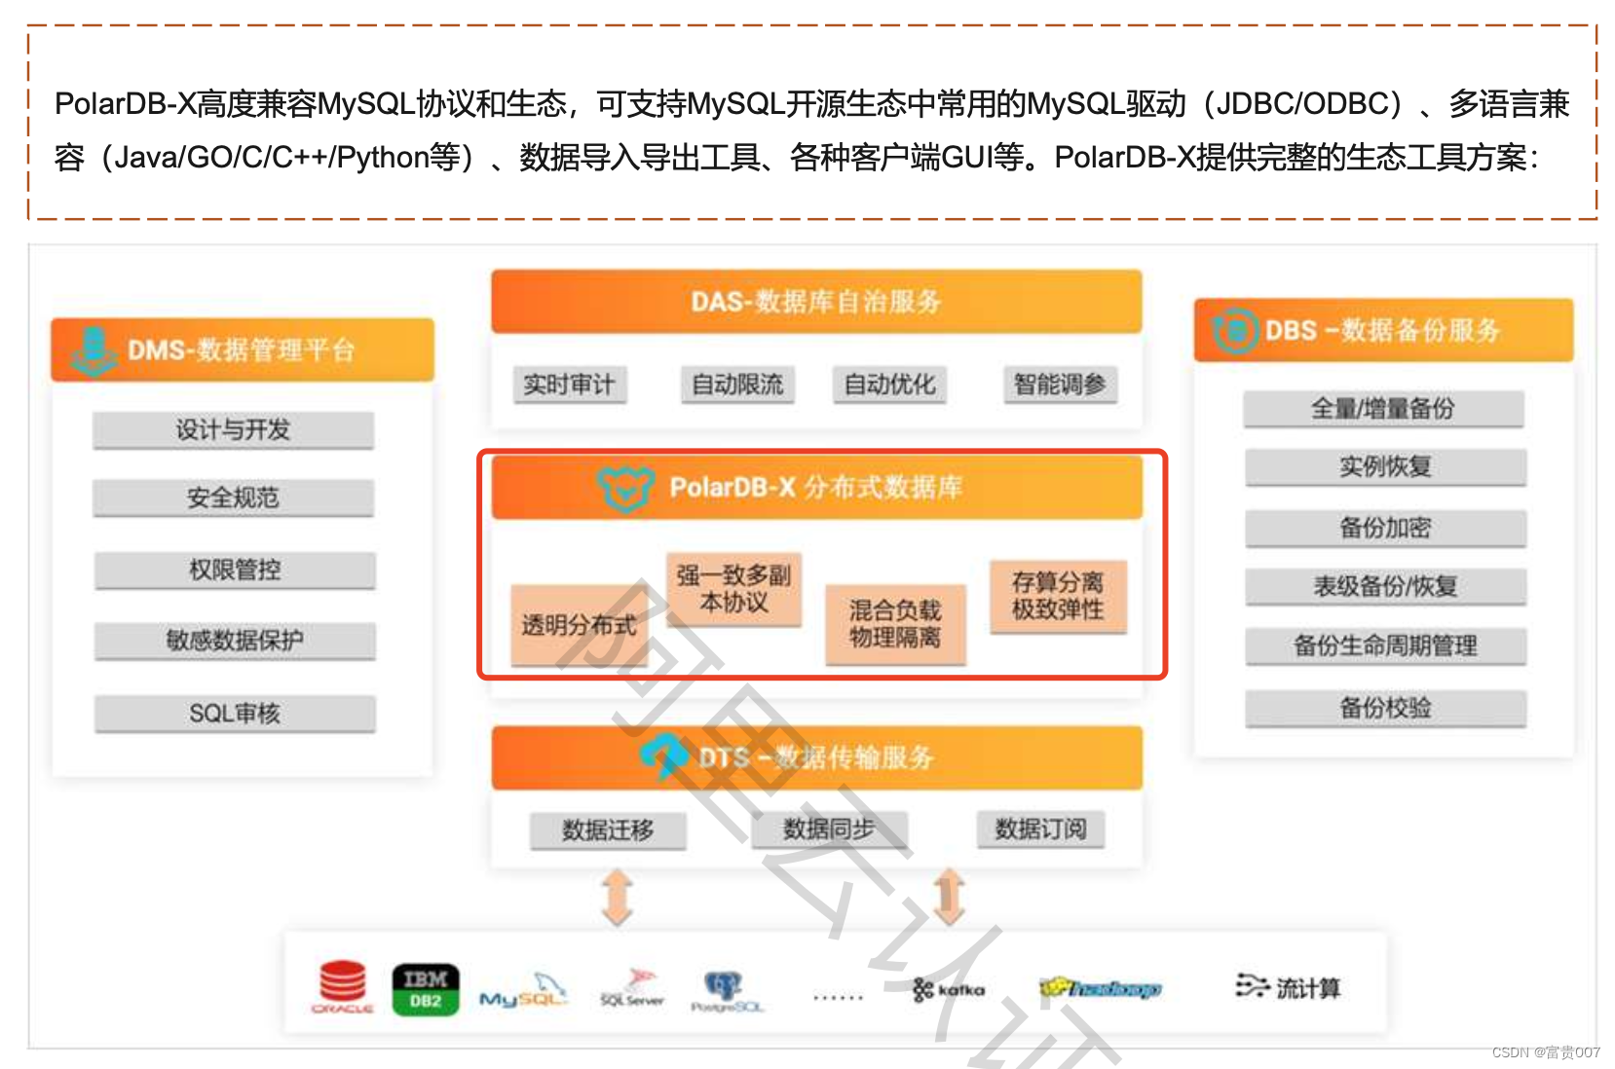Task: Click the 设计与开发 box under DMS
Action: tap(233, 429)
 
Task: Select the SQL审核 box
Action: tap(235, 714)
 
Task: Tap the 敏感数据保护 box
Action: tap(235, 641)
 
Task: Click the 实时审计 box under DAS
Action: tap(569, 385)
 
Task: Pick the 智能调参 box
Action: tap(1060, 385)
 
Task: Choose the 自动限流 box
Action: tap(737, 385)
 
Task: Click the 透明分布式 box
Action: tap(579, 625)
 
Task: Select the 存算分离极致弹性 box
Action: tap(1058, 596)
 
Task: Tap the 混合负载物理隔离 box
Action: tap(895, 624)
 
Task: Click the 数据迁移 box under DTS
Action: tap(608, 830)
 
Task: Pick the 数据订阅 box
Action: tap(1040, 829)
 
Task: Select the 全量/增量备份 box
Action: tap(1383, 409)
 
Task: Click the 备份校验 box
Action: tap(1385, 708)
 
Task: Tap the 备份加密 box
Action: tap(1385, 528)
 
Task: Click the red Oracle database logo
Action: tap(343, 986)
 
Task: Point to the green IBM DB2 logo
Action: tap(426, 989)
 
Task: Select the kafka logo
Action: tap(949, 990)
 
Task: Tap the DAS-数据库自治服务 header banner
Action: tap(816, 302)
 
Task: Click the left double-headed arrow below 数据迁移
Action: tap(618, 897)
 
